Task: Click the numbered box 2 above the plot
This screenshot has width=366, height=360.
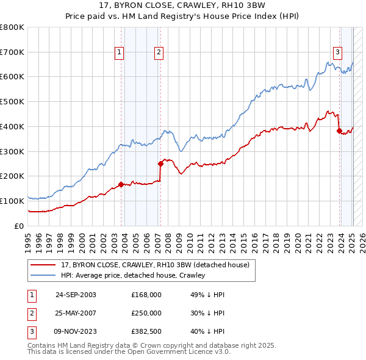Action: click(158, 52)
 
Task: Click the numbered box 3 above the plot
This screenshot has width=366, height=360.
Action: click(337, 52)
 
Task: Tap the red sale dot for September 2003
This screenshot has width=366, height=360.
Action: click(121, 184)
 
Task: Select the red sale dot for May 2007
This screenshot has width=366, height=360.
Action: click(160, 164)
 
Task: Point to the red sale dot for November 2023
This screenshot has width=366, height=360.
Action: click(339, 130)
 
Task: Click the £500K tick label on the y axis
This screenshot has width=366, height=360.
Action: click(12, 101)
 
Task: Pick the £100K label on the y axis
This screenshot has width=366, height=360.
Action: click(12, 201)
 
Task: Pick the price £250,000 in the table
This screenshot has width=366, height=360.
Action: click(146, 313)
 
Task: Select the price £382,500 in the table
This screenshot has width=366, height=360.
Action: click(146, 331)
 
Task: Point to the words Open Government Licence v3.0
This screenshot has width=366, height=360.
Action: click(187, 352)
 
